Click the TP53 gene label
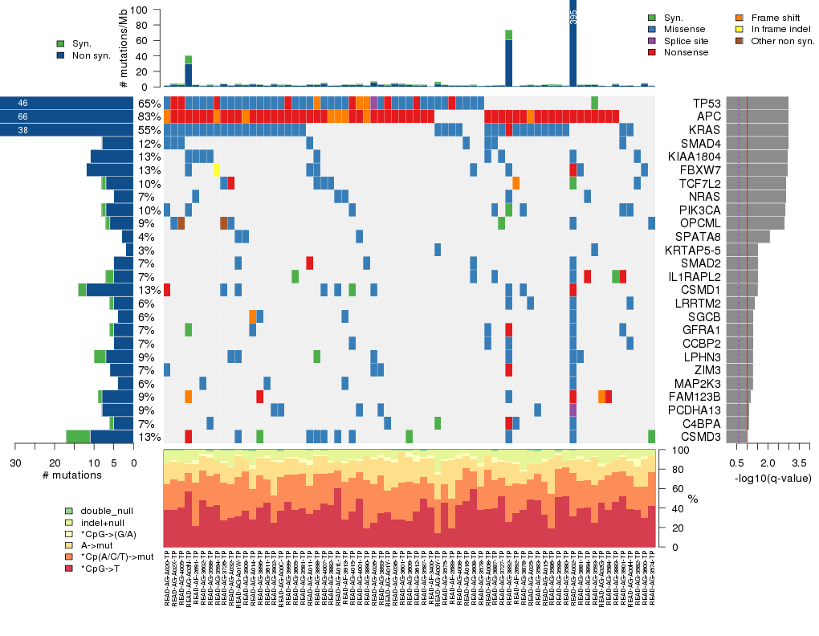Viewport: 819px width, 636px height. pos(707,104)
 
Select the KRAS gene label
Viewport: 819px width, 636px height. pos(707,130)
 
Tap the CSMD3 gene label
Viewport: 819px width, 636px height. pos(702,437)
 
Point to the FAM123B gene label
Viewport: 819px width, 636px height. pos(697,397)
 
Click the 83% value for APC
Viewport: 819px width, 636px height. pos(149,117)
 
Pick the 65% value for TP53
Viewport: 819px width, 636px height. pos(149,104)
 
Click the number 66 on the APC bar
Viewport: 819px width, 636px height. pos(22,117)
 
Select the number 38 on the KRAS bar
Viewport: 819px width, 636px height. pos(22,130)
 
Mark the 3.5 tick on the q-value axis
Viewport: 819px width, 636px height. pos(799,464)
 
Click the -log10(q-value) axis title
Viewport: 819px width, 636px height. pos(772,479)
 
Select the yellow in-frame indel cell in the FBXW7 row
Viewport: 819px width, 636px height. pos(217,169)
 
